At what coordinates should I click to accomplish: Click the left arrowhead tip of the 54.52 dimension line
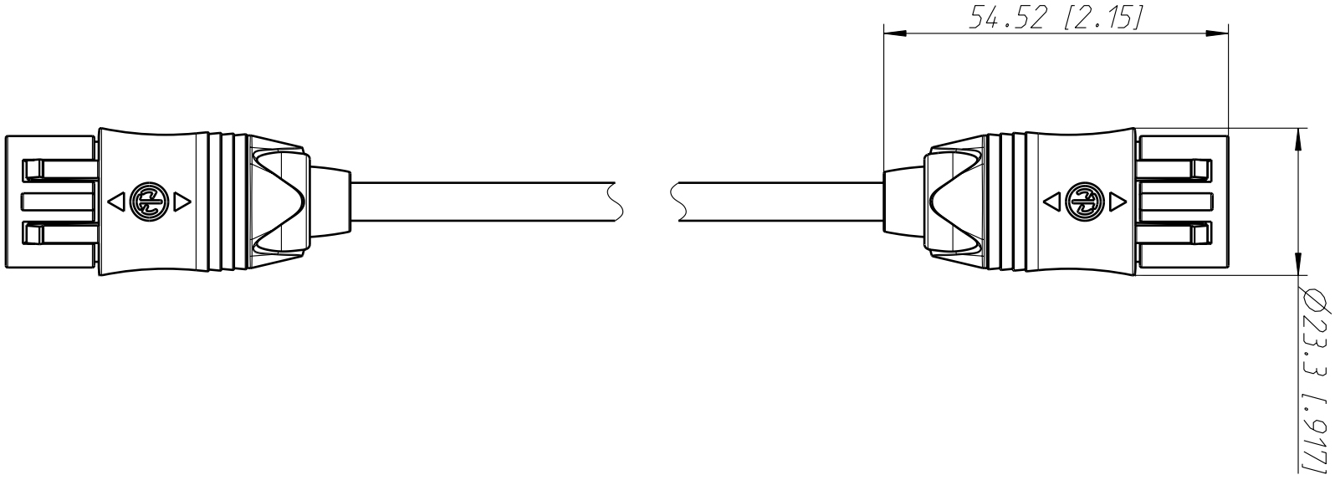pyautogui.click(x=884, y=33)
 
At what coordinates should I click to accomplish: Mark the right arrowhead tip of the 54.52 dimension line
pyautogui.click(x=1228, y=33)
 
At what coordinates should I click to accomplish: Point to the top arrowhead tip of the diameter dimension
pyautogui.click(x=1298, y=128)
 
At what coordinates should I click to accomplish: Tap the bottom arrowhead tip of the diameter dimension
pyautogui.click(x=1298, y=292)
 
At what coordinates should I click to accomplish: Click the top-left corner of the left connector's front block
pyautogui.click(x=5, y=135)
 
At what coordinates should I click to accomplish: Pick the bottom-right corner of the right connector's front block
pyautogui.click(x=1228, y=268)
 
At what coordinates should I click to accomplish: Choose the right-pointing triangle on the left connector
pyautogui.click(x=182, y=202)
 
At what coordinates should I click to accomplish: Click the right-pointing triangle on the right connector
pyautogui.click(x=1118, y=202)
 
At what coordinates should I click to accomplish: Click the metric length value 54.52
pyautogui.click(x=1006, y=18)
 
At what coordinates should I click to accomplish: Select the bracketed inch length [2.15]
pyautogui.click(x=1102, y=18)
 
